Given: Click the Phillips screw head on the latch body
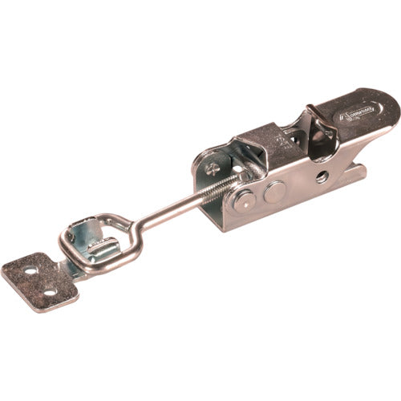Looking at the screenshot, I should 210,168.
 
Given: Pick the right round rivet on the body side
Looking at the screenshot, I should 273,191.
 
